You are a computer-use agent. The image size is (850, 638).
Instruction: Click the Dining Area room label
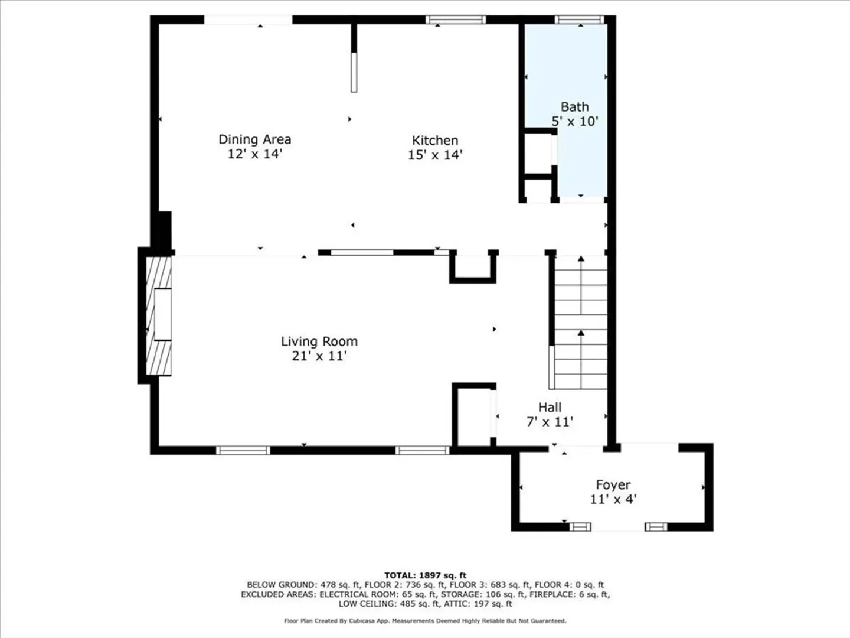coord(255,139)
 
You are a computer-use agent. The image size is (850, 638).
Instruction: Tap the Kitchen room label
coord(435,140)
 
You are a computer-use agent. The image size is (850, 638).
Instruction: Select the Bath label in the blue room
coord(575,106)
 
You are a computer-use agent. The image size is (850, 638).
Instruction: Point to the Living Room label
coord(319,341)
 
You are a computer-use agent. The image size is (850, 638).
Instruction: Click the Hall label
coord(550,407)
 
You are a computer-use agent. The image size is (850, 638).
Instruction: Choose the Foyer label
coord(613,484)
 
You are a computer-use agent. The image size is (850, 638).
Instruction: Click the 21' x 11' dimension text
coord(319,356)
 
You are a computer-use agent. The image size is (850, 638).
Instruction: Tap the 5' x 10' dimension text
coord(575,121)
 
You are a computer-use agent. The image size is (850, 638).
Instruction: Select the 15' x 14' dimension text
coord(435,155)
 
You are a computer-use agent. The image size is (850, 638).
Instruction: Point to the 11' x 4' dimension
coord(613,499)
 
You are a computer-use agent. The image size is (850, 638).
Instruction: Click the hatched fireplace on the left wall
coord(159,315)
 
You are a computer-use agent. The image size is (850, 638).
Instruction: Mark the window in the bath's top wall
coord(579,19)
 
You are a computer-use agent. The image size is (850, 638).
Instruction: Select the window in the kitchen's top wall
coord(456,19)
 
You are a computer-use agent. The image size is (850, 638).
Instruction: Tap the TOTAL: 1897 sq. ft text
coord(425,575)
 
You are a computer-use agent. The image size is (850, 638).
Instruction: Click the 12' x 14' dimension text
coord(254,154)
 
